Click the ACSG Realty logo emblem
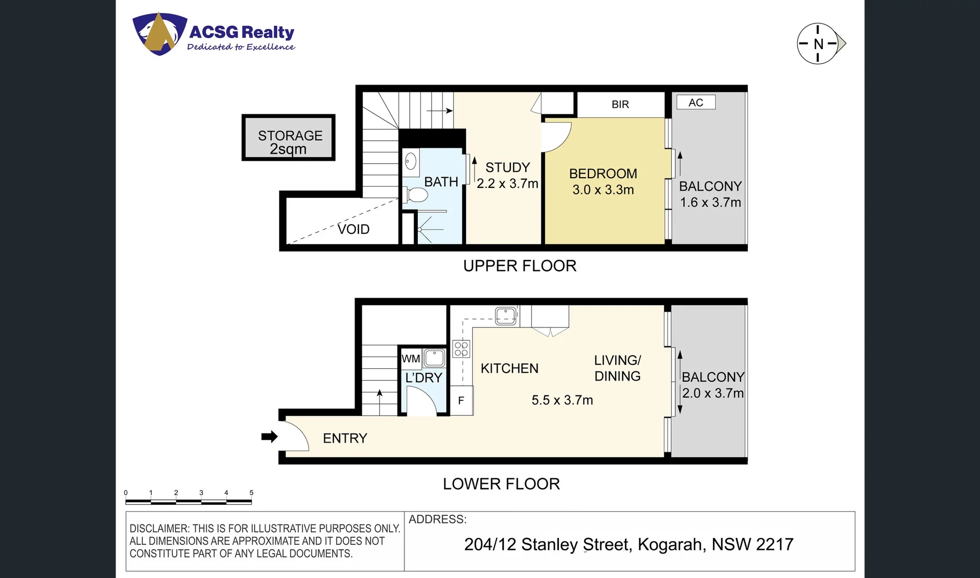click(159, 34)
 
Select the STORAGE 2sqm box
click(288, 138)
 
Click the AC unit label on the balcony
click(695, 102)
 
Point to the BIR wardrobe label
click(620, 104)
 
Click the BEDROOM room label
click(603, 173)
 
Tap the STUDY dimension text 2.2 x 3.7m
click(507, 184)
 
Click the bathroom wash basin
click(411, 161)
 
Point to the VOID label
click(353, 229)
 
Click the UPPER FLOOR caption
click(519, 266)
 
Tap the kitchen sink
click(506, 315)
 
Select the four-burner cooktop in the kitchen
click(461, 349)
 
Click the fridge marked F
click(461, 400)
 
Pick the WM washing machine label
click(411, 359)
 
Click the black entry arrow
click(269, 437)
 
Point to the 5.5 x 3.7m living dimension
click(562, 400)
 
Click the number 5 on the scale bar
click(251, 492)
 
